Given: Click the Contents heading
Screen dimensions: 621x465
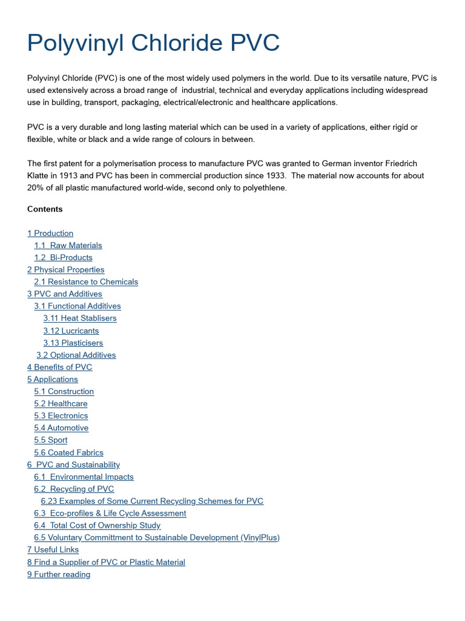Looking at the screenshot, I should click(x=45, y=209).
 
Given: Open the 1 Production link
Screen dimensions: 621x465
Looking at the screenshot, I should click(x=50, y=233).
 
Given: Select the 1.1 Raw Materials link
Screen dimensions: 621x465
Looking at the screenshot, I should click(x=68, y=246).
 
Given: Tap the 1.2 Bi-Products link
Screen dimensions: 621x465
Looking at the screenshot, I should click(x=63, y=258).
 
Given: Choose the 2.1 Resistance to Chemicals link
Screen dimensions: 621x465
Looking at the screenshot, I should click(x=86, y=282).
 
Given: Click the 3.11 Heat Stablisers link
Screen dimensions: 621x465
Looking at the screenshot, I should click(x=80, y=318).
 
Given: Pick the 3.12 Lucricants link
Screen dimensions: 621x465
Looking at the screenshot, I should click(x=71, y=331).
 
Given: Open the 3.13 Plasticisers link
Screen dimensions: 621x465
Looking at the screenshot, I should click(x=73, y=343).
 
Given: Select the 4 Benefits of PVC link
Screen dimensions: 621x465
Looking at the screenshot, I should click(x=60, y=368).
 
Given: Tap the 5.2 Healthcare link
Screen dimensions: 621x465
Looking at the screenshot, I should click(x=61, y=404).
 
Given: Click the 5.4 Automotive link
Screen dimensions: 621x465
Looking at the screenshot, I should click(x=61, y=428).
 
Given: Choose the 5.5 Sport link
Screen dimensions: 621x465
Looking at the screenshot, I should click(x=51, y=440).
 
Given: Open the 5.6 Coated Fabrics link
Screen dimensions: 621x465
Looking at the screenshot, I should click(x=68, y=453).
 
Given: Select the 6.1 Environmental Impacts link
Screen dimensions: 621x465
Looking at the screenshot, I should click(x=84, y=477).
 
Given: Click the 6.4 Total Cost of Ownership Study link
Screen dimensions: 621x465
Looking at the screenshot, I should click(x=97, y=526).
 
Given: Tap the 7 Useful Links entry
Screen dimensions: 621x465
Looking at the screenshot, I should click(x=53, y=550).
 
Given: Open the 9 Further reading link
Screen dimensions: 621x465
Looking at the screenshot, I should click(x=59, y=574).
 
